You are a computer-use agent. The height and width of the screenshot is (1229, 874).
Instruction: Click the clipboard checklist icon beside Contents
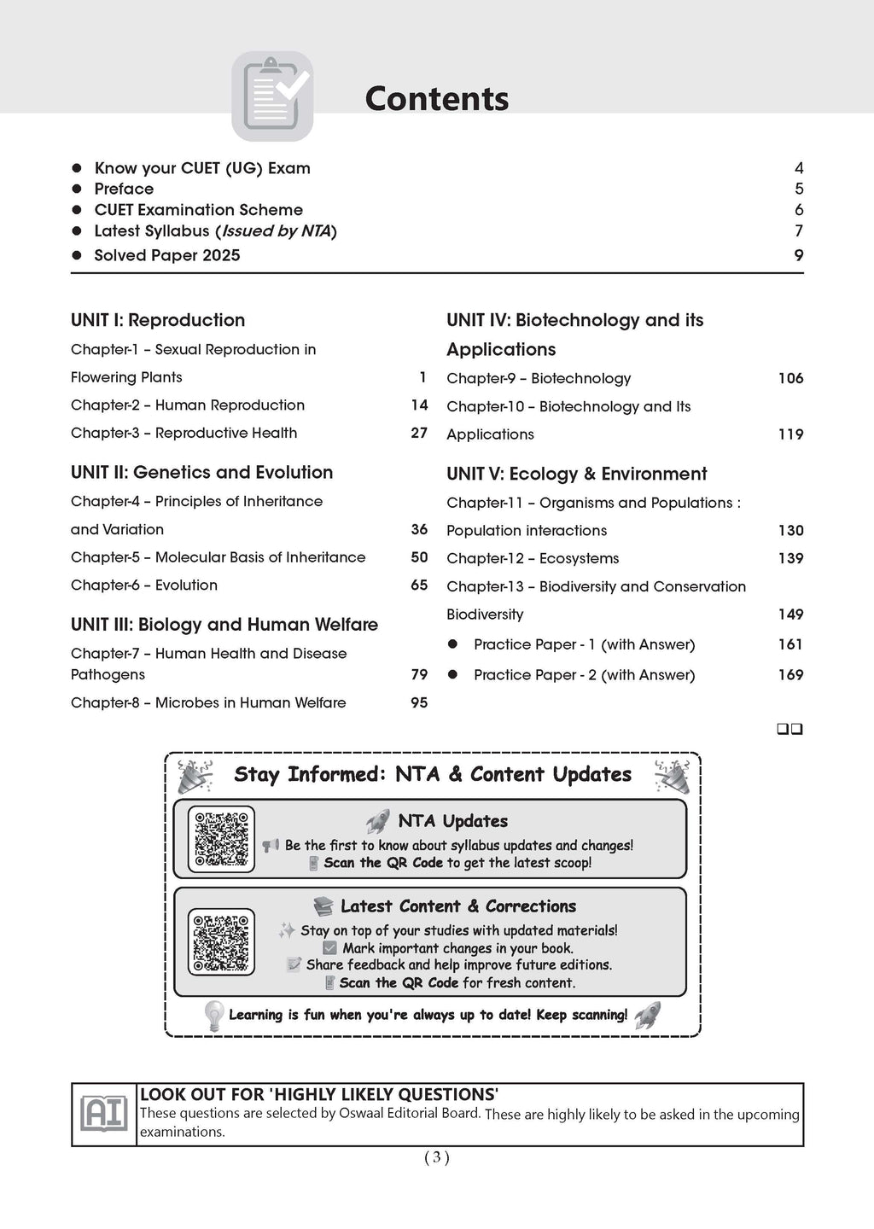click(x=272, y=96)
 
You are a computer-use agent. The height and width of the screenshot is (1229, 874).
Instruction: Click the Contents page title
click(x=436, y=99)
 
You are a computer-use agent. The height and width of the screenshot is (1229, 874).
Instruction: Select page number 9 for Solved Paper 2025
click(x=799, y=255)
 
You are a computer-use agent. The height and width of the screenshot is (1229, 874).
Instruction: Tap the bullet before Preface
click(x=77, y=189)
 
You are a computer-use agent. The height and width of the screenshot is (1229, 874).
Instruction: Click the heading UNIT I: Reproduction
click(x=158, y=320)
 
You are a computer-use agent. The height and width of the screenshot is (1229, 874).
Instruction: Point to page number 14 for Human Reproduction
click(x=419, y=405)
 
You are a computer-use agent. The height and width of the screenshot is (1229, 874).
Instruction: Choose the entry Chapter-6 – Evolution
click(x=144, y=585)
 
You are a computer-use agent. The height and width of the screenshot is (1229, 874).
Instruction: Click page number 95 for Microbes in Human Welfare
click(x=419, y=702)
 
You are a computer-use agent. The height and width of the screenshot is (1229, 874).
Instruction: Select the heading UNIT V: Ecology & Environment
click(x=576, y=474)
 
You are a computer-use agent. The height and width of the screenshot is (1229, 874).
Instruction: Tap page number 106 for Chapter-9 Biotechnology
click(x=790, y=378)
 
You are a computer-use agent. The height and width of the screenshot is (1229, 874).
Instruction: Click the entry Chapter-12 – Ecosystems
click(x=533, y=558)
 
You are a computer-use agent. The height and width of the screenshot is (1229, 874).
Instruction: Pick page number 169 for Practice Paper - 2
click(x=790, y=674)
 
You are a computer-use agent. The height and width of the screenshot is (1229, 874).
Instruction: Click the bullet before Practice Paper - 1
click(x=453, y=644)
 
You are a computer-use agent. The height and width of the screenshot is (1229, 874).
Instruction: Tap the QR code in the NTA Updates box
click(x=221, y=839)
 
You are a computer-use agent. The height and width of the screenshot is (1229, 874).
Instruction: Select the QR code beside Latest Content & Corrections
click(x=221, y=941)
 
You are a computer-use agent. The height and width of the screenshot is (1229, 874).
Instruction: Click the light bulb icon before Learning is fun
click(x=213, y=1015)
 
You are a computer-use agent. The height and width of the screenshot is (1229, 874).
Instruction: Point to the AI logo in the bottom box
click(x=103, y=1114)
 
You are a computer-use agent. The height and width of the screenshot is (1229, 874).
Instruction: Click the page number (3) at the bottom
click(x=436, y=1157)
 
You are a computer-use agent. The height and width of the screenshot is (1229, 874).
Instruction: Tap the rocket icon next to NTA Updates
click(x=378, y=821)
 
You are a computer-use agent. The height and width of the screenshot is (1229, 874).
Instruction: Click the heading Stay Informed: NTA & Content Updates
click(x=433, y=774)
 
